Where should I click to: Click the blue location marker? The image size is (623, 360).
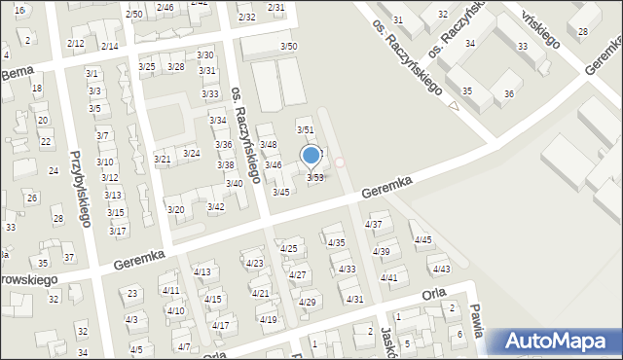tap(311, 156)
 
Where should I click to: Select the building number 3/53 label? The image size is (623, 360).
tap(315, 177)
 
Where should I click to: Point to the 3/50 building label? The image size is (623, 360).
tap(288, 46)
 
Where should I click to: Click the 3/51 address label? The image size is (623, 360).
tap(305, 129)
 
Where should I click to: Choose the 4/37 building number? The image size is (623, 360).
tap(373, 225)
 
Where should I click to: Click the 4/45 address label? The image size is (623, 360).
tap(422, 239)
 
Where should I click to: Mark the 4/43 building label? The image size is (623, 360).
tap(441, 269)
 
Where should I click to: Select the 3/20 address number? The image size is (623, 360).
tap(175, 209)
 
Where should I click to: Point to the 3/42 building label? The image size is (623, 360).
tap(216, 206)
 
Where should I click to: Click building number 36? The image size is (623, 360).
tap(508, 93)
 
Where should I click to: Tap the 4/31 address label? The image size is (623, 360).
tap(355, 299)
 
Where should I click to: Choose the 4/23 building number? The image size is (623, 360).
tap(254, 263)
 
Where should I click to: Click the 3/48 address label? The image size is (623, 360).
tap(268, 144)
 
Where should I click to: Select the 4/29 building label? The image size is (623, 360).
tap(307, 302)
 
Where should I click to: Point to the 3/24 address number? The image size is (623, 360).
tap(192, 154)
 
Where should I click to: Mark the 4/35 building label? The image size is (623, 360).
tap(336, 242)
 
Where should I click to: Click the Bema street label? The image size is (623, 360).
tap(20, 74)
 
